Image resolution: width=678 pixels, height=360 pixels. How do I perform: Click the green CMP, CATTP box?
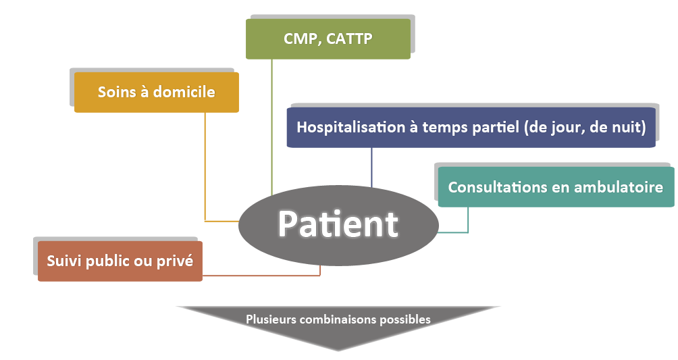pos(328,39)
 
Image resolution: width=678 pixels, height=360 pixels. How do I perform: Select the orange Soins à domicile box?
pos(157,92)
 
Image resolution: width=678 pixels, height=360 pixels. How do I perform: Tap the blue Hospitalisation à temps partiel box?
pos(471,127)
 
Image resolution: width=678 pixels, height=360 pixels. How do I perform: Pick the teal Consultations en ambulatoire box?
pos(556,187)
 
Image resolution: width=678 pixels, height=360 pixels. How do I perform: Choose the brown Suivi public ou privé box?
pos(120,261)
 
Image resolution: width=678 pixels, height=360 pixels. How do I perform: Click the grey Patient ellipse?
pos(338,225)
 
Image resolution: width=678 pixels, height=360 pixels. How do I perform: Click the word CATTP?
pos(349,39)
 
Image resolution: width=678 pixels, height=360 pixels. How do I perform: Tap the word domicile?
pos(184,92)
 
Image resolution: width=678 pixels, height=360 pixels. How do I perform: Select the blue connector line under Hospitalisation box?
pos(371,168)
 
